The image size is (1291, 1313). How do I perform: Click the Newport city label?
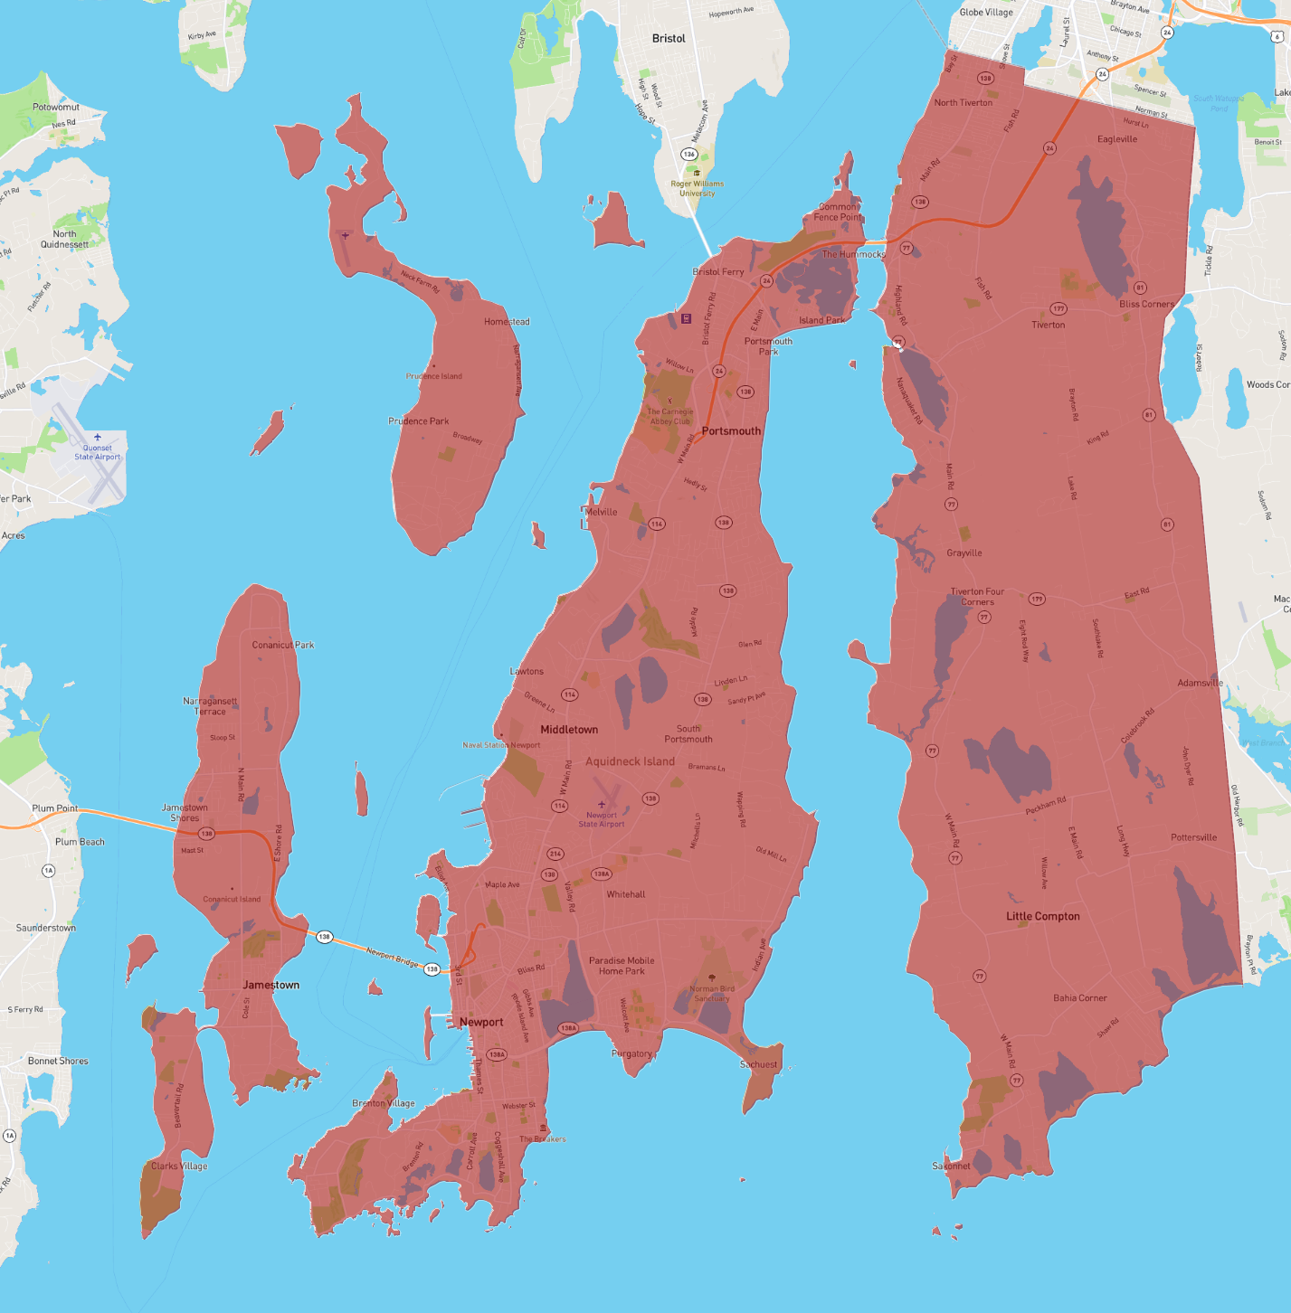pos(481,1022)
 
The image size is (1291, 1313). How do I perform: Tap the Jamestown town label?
pos(271,985)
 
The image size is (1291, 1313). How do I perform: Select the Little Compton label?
pos(1043,916)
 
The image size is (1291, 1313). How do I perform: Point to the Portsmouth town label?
pos(731,431)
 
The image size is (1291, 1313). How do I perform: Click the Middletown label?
pos(569,730)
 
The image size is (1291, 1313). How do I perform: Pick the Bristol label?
pos(669,38)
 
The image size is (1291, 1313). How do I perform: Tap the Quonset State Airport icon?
pos(98,438)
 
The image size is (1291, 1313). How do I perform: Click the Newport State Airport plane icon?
pos(602,804)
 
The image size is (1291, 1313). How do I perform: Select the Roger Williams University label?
pos(697,188)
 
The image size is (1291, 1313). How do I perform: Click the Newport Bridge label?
pos(392,957)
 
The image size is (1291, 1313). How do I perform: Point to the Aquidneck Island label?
pos(630,761)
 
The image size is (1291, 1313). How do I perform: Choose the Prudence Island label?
pos(434,376)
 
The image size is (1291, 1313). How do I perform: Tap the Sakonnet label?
pos(951,1166)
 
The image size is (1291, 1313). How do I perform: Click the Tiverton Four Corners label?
pos(977,597)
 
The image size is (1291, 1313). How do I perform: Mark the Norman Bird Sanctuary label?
pos(712,994)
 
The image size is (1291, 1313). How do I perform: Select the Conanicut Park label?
pos(283,645)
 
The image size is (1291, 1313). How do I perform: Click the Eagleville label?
pos(1117,139)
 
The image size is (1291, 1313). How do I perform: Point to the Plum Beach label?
pos(80,842)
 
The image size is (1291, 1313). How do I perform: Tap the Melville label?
pos(601,512)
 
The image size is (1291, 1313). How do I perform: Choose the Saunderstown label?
pos(46,928)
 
